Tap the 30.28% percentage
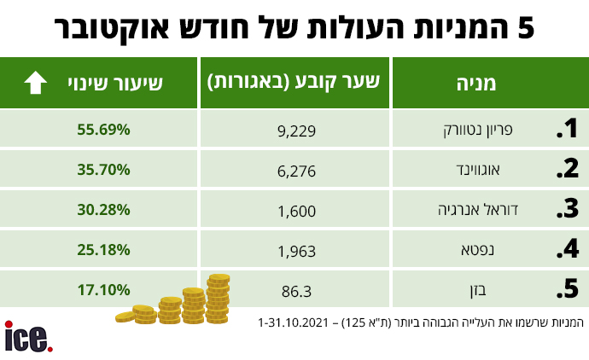coord(102,209)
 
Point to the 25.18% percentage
coord(102,249)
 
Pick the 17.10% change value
coord(102,289)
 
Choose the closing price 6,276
coord(298,171)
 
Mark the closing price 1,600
coord(298,211)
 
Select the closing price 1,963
coord(298,251)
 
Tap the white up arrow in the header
coord(35,83)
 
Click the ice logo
coord(28,335)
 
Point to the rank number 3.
coord(566,210)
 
